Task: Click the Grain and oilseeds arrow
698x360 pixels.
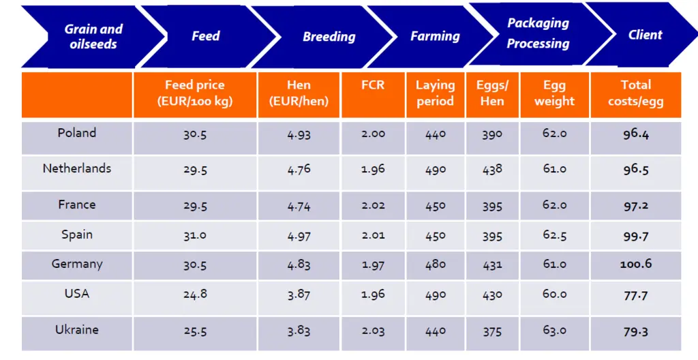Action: [93, 37]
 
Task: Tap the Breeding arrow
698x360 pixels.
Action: [329, 37]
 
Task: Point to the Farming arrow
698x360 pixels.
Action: [435, 36]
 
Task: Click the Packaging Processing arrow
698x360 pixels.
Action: [538, 34]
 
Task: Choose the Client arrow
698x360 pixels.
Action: [645, 34]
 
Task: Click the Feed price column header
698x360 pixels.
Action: [195, 93]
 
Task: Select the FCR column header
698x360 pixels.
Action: [373, 85]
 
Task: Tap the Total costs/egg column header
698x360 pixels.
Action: [636, 93]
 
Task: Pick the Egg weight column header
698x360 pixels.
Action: [555, 93]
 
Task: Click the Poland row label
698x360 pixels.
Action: [77, 133]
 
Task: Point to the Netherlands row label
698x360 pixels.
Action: [77, 168]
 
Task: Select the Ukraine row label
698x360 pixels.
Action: [77, 330]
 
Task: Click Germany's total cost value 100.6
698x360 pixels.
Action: [636, 265]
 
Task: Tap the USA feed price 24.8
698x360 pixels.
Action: [195, 294]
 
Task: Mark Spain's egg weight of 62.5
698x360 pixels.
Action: [555, 235]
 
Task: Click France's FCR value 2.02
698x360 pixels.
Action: [373, 205]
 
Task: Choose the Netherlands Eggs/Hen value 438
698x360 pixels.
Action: [492, 170]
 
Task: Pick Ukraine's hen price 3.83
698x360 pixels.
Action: [299, 331]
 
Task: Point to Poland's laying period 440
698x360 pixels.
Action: [436, 134]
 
